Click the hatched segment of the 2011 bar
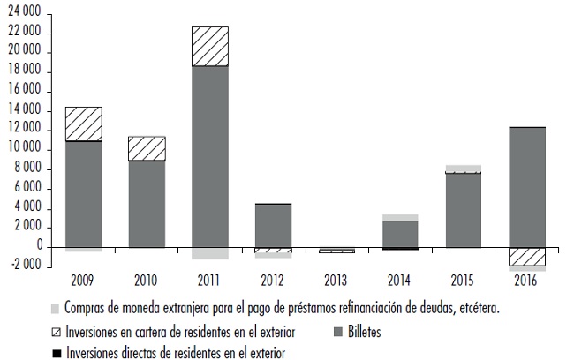click(x=209, y=46)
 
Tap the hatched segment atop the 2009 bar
click(x=83, y=124)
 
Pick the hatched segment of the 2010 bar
click(x=147, y=148)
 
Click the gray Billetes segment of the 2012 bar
click(x=273, y=226)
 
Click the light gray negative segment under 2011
click(x=209, y=253)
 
